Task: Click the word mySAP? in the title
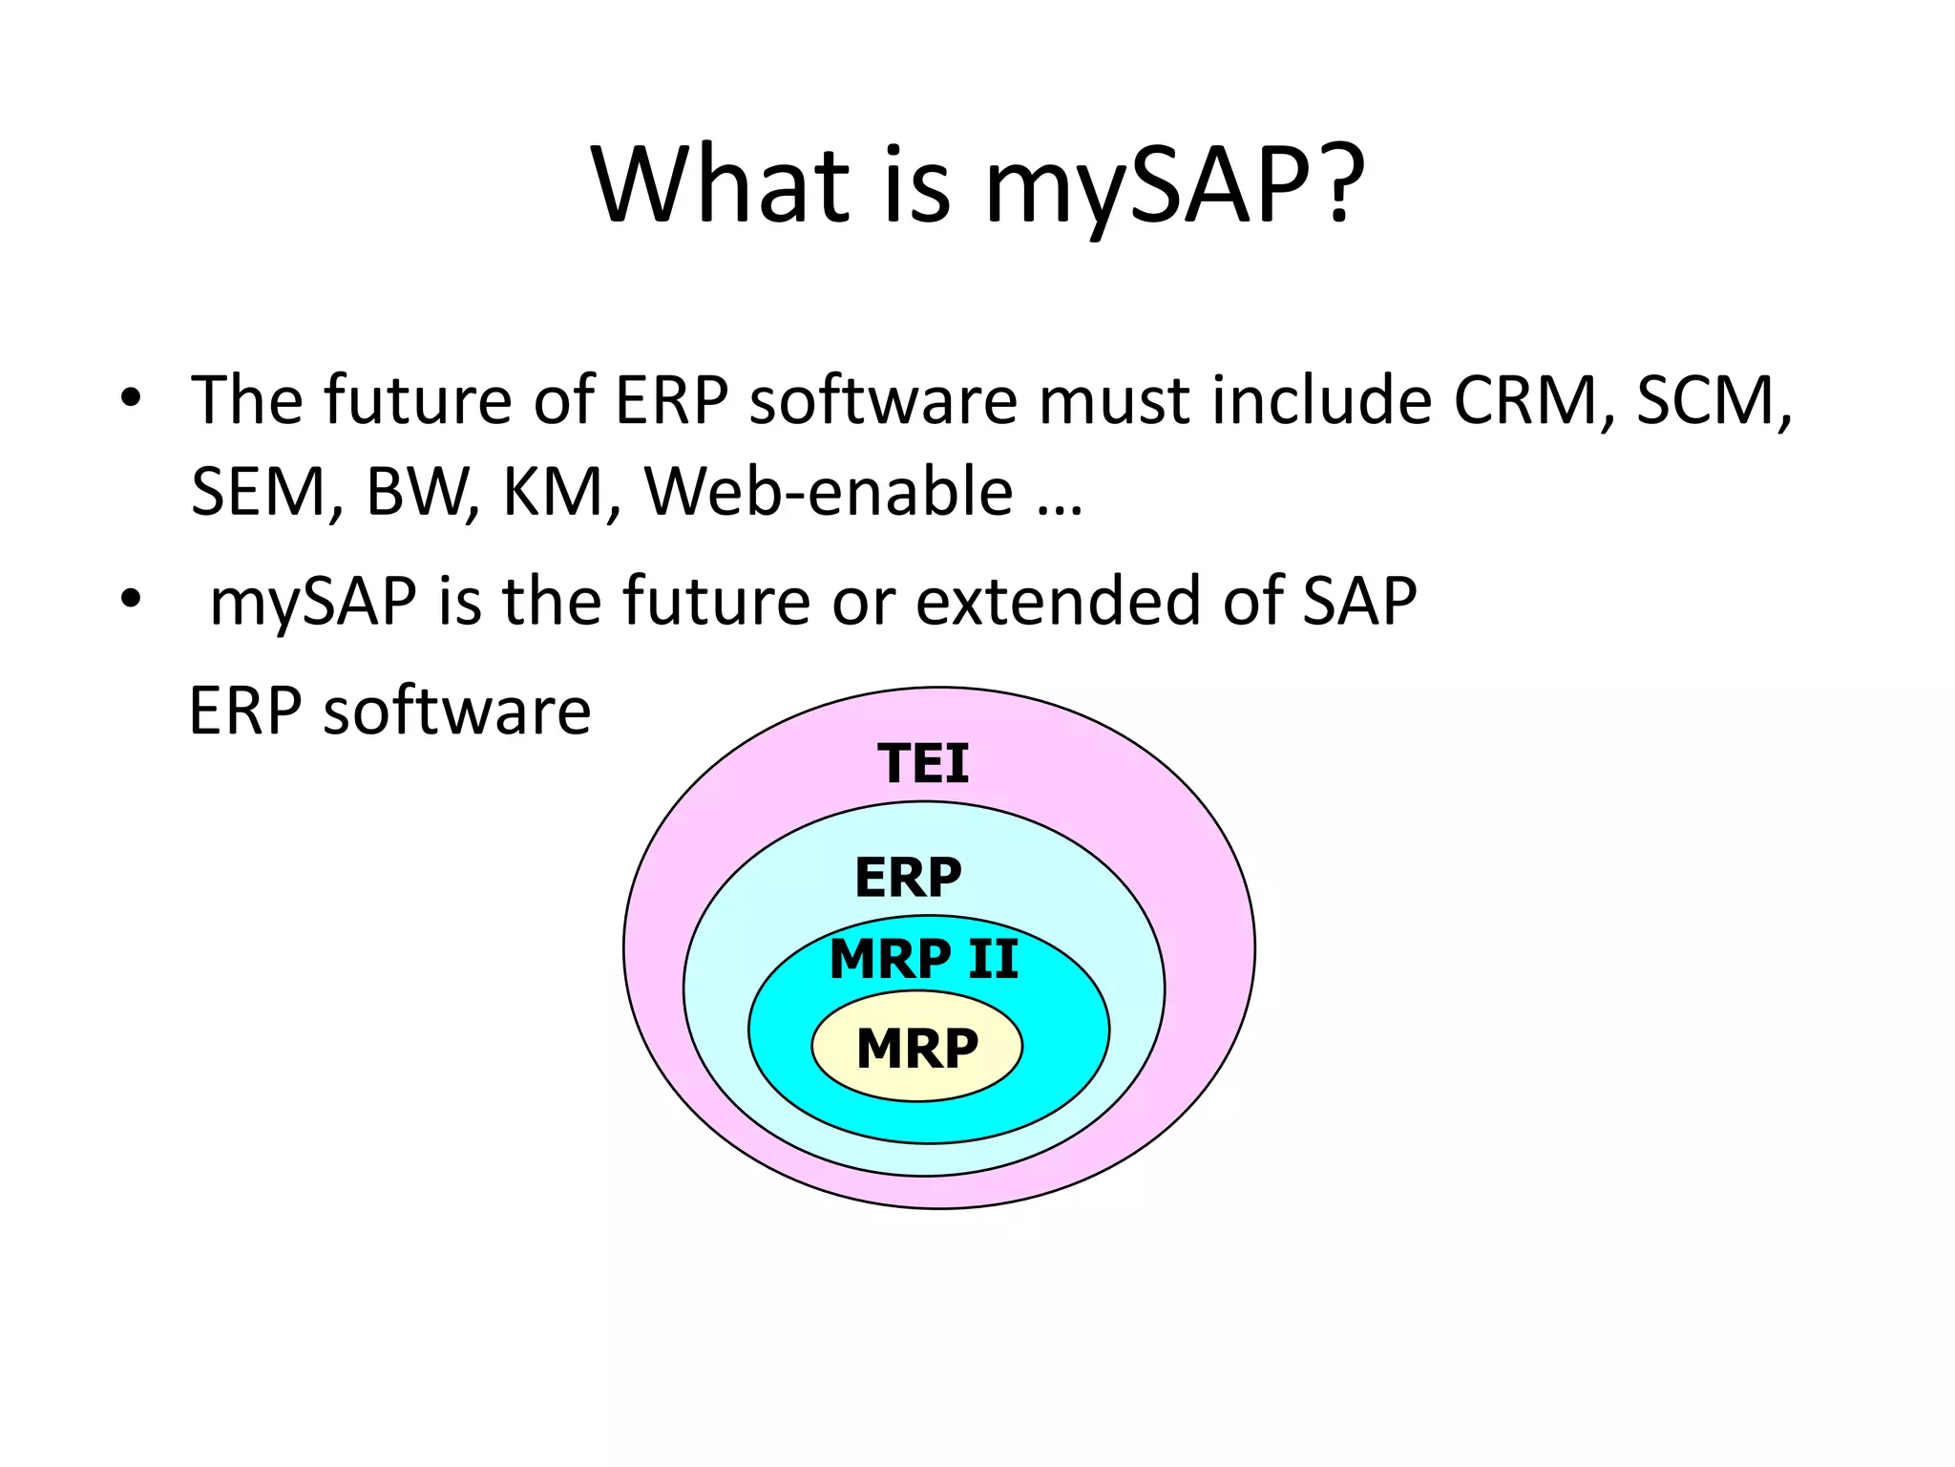point(1174,186)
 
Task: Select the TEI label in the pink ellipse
point(923,764)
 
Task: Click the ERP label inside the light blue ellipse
point(908,878)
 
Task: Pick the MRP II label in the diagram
point(923,959)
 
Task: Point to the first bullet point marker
point(131,398)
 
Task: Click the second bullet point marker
point(131,600)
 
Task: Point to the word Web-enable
point(829,492)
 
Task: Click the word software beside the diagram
point(456,712)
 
